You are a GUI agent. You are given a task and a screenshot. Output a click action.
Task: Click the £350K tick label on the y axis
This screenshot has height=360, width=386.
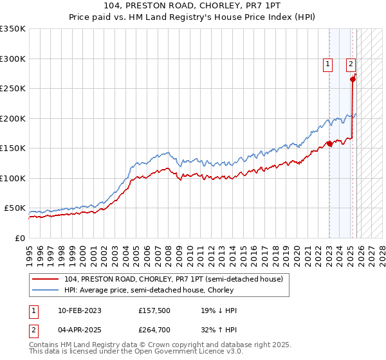coord(13,29)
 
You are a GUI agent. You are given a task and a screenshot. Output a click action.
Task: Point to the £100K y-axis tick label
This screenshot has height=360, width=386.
coord(13,178)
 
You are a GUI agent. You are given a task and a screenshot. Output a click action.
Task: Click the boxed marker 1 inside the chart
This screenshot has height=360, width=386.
coord(328,64)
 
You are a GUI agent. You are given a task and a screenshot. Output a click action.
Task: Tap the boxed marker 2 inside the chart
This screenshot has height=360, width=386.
coord(351,64)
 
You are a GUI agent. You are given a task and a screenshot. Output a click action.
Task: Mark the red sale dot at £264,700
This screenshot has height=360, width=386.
coord(353,80)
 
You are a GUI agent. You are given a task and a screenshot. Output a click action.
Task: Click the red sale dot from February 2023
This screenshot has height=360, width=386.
coord(329,143)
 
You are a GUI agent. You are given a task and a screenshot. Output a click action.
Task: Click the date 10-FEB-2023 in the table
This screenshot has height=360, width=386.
coord(74,310)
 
